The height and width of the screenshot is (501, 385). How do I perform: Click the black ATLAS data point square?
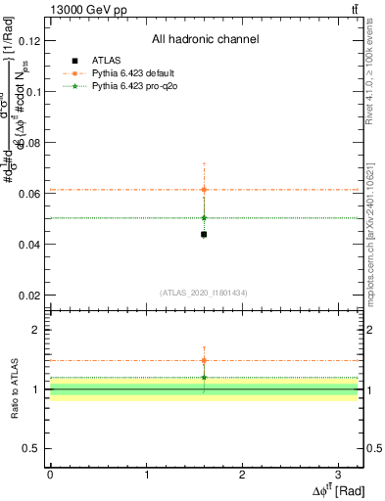[x=204, y=234]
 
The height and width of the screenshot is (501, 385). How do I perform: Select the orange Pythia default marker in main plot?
[x=204, y=189]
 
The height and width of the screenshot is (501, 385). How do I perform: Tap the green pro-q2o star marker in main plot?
[x=204, y=217]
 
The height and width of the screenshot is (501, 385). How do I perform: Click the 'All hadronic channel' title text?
[x=205, y=40]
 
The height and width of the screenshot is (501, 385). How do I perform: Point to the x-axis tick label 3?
[x=338, y=473]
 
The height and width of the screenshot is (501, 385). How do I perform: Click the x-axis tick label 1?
[x=146, y=473]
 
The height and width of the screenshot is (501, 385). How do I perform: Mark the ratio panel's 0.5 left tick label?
[x=34, y=448]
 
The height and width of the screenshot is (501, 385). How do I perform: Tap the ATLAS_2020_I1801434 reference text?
[x=204, y=293]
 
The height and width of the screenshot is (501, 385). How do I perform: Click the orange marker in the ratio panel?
[x=204, y=360]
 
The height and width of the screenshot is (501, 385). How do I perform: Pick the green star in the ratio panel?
[x=204, y=377]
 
